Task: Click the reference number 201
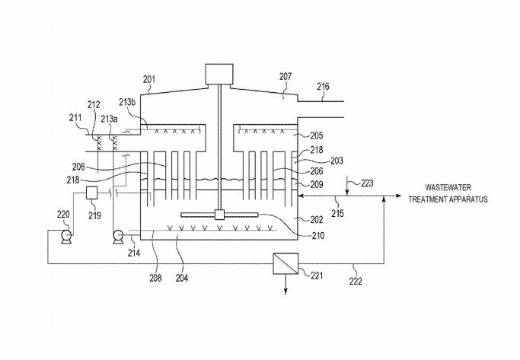(x=149, y=78)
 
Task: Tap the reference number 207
(x=286, y=77)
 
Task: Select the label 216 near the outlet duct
(x=324, y=88)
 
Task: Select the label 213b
(x=127, y=102)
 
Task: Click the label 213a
(x=110, y=119)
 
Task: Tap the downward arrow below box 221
(x=286, y=288)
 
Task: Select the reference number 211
(x=76, y=118)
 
